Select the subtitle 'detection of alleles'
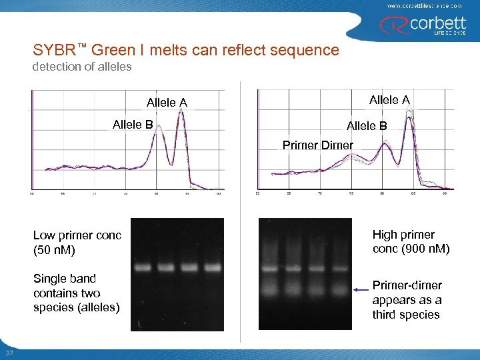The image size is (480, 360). [83, 67]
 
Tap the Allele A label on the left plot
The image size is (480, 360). [167, 103]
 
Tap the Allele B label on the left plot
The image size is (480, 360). [133, 125]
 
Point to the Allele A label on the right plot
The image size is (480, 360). [389, 99]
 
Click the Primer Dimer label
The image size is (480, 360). [317, 145]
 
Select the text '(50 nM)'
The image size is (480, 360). [54, 251]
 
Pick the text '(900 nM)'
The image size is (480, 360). [425, 249]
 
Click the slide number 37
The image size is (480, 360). [9, 353]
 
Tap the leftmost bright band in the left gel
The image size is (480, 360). [143, 268]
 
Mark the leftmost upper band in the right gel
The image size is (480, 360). [270, 269]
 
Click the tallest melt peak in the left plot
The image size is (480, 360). [179, 115]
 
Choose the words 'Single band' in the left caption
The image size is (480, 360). [65, 279]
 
